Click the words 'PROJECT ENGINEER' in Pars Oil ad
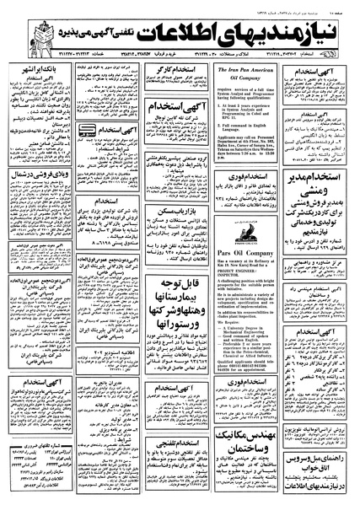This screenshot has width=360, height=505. click(x=220, y=294)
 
